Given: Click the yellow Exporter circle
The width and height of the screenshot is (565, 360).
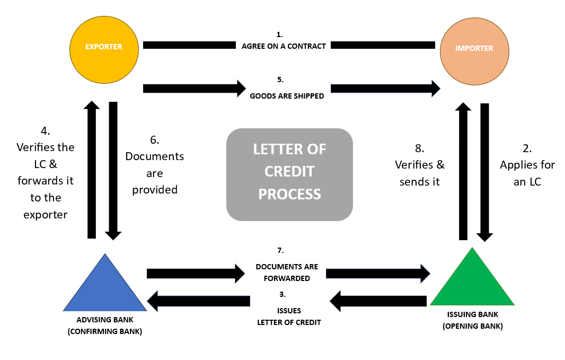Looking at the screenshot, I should tap(104, 49).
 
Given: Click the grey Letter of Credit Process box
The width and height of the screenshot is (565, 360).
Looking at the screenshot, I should tap(289, 174).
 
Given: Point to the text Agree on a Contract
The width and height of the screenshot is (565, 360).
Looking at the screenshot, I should tap(284, 46).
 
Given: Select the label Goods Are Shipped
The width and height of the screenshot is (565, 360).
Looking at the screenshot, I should tap(287, 96).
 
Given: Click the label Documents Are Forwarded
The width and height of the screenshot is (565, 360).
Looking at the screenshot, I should tap(287, 272).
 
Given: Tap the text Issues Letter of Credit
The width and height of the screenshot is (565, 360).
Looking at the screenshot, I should tap(289, 317).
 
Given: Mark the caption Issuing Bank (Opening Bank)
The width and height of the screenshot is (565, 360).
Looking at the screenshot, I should tap(472, 320).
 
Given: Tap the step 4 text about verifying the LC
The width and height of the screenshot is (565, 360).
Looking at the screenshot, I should tap(46, 172).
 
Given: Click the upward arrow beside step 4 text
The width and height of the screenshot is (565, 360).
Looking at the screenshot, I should tap(92, 170).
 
